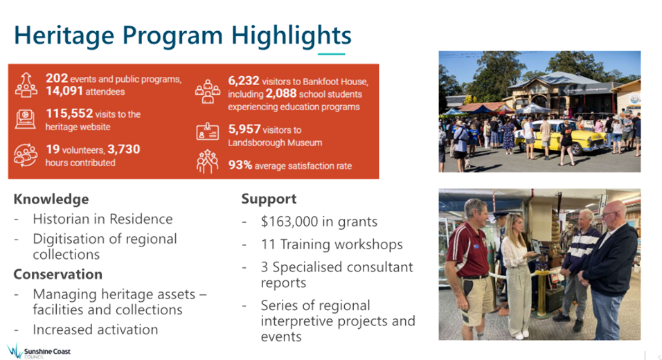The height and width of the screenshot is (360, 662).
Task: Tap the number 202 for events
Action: (57, 78)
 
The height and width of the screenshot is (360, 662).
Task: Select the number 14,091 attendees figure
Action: (64, 91)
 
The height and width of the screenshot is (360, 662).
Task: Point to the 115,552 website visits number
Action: (69, 113)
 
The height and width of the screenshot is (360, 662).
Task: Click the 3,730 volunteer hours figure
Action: (123, 149)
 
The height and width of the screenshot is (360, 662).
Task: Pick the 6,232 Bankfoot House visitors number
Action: (244, 80)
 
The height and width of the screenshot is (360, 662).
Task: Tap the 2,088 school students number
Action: (280, 93)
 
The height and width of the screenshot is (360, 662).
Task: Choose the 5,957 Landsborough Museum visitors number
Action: (244, 129)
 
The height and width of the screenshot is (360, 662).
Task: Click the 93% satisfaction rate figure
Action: (240, 165)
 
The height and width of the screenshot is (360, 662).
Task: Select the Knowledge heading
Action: (51, 199)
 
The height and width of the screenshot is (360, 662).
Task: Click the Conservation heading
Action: (58, 274)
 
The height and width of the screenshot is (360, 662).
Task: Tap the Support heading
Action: (269, 199)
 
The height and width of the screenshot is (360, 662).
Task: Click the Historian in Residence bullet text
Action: (102, 219)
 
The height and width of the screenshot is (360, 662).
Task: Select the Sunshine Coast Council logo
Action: (39, 351)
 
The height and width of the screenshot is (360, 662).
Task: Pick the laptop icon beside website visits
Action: (26, 119)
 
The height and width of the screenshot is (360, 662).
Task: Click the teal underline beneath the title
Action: (332, 54)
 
